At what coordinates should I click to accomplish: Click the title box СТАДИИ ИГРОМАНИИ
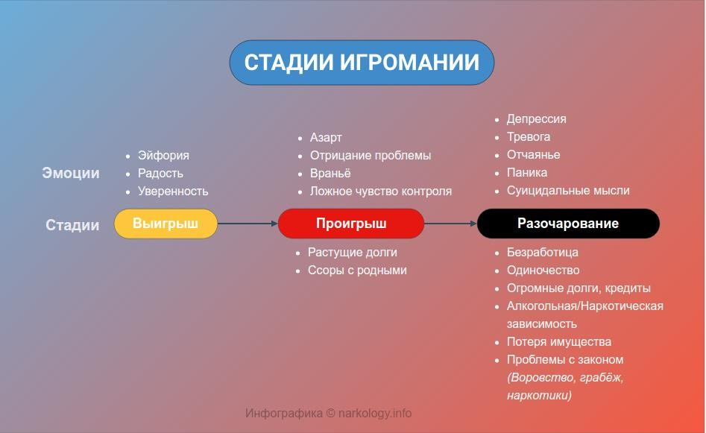(362, 63)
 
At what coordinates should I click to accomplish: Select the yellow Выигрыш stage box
(166, 224)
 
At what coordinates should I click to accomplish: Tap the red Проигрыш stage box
(351, 224)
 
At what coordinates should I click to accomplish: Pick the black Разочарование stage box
(568, 224)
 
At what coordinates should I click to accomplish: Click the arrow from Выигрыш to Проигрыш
(248, 224)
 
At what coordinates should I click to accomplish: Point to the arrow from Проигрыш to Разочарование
(451, 224)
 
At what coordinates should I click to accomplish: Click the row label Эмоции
(71, 174)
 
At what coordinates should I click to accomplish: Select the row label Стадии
(72, 225)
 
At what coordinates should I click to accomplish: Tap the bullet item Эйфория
(163, 156)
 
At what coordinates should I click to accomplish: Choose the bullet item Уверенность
(173, 192)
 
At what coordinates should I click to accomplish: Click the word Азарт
(326, 138)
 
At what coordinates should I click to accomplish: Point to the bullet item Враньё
(330, 174)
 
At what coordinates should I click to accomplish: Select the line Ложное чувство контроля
(381, 192)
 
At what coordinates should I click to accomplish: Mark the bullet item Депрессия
(537, 119)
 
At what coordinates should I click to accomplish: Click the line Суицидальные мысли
(568, 191)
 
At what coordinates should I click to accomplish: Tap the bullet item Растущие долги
(353, 253)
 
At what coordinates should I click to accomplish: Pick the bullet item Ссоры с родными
(358, 271)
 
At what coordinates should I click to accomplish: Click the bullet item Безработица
(543, 253)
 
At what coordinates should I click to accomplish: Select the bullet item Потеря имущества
(559, 342)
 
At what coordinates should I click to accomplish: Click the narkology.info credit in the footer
(375, 413)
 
